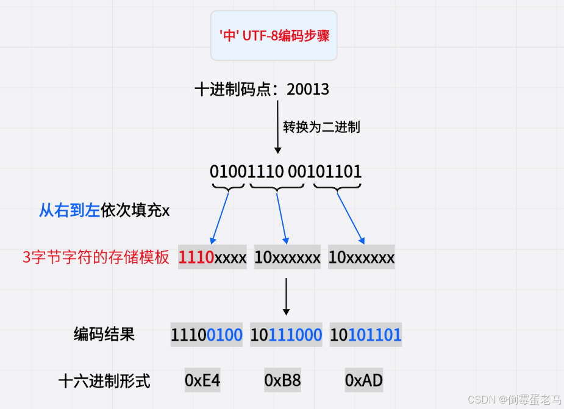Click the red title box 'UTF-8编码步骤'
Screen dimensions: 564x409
(x=274, y=35)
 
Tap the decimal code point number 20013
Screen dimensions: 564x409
(x=308, y=90)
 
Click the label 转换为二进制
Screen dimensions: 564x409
(x=321, y=127)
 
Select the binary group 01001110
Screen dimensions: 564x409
(x=246, y=171)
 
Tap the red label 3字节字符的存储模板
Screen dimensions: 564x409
(x=96, y=258)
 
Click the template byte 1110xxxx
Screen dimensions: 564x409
(x=212, y=258)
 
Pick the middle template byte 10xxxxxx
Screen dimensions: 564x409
(x=287, y=258)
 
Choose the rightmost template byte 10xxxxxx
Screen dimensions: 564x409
(x=361, y=258)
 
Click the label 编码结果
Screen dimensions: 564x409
(x=104, y=334)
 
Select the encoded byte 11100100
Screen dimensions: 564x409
(x=207, y=335)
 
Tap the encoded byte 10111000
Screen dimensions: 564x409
(x=286, y=335)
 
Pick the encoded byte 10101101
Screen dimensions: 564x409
(x=366, y=335)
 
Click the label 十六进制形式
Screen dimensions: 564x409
(x=104, y=382)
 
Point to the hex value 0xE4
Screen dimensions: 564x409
(x=202, y=382)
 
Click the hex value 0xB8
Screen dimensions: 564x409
(x=282, y=382)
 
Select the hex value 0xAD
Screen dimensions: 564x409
(x=363, y=382)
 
